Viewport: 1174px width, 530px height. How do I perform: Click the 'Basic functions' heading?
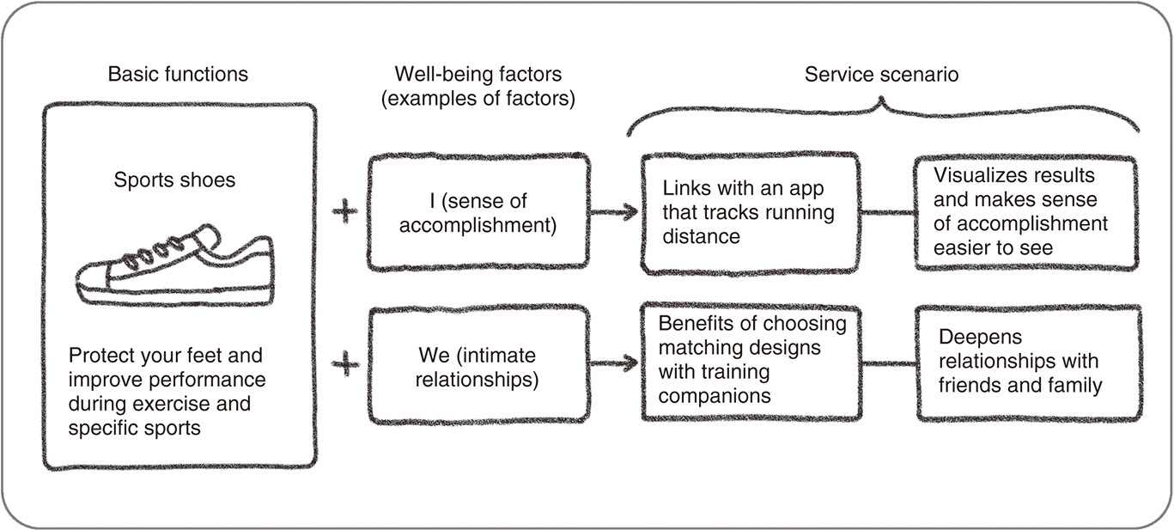(178, 74)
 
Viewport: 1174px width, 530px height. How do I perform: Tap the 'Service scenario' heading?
(881, 74)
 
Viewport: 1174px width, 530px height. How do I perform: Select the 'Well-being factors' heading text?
(478, 74)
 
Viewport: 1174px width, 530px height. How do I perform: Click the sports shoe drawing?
(175, 265)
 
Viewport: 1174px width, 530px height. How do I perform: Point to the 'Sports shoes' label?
(174, 180)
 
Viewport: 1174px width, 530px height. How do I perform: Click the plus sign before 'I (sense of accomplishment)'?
(345, 211)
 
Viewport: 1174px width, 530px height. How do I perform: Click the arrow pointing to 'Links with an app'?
(614, 212)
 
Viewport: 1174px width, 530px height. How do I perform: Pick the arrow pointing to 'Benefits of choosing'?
(614, 362)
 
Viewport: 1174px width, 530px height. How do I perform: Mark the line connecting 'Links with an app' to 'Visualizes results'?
(887, 212)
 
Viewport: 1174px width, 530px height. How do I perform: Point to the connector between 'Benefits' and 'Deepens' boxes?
(889, 362)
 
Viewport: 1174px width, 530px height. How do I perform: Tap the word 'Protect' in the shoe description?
(99, 356)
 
